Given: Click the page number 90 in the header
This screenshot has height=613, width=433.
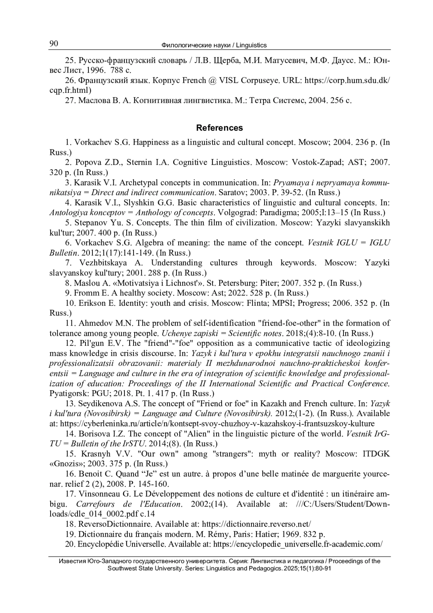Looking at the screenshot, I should tap(53, 44).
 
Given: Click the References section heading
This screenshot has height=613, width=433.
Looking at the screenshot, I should tap(219, 128).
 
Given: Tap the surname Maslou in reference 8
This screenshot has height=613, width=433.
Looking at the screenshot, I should tap(86, 283).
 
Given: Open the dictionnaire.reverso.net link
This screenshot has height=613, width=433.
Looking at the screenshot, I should tap(256, 524).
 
